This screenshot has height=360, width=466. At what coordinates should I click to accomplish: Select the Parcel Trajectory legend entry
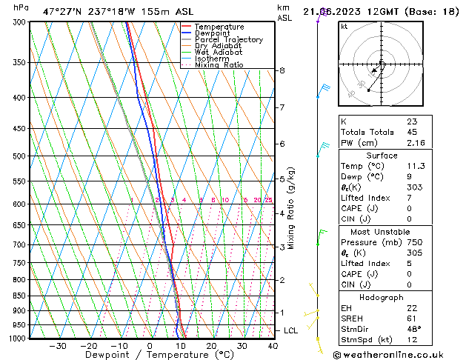click(228, 39)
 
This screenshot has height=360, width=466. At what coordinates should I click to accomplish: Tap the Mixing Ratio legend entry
click(219, 65)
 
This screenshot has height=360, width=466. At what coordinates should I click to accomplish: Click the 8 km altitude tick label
click(282, 70)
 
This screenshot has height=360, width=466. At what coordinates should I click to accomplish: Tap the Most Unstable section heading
click(382, 231)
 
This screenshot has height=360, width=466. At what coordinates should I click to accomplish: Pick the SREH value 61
click(411, 318)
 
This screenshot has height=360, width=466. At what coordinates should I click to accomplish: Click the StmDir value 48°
click(413, 328)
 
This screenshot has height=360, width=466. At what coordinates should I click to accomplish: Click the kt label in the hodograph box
click(344, 26)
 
